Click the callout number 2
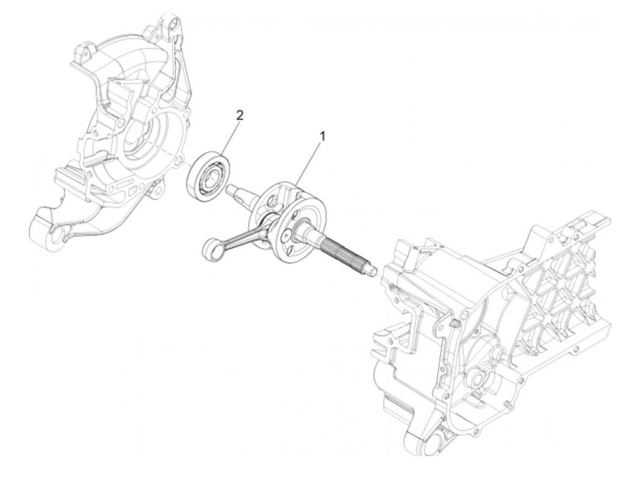point(240,115)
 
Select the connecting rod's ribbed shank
point(239,233)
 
